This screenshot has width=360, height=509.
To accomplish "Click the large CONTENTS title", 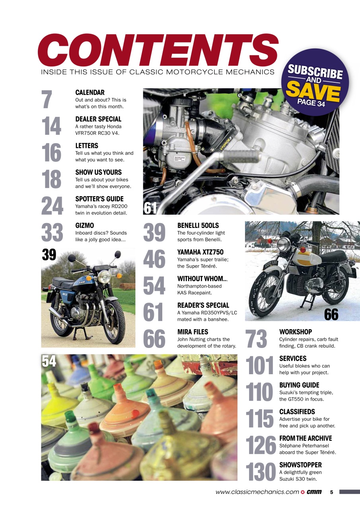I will click(x=158, y=51).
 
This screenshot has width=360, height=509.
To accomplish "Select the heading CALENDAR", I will click(x=90, y=93).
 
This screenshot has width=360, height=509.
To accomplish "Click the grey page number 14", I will click(x=52, y=126).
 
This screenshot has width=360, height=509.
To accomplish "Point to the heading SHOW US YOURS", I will click(x=99, y=173).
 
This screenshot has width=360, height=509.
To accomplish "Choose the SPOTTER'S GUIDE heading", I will click(x=99, y=199).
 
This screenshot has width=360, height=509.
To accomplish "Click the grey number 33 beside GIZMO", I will click(x=52, y=233).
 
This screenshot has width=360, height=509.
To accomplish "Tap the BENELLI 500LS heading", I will click(x=198, y=225).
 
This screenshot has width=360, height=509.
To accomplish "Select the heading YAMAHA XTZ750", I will click(x=200, y=252).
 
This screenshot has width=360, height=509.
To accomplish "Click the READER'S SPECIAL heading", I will click(x=203, y=305).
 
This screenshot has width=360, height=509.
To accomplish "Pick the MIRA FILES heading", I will click(x=193, y=332).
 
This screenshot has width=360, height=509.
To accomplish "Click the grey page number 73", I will click(x=256, y=339).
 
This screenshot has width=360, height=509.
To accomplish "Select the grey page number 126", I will click(x=261, y=445).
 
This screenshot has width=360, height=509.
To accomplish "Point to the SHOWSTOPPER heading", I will click(x=300, y=465).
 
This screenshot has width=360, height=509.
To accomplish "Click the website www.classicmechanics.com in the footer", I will click(x=257, y=492).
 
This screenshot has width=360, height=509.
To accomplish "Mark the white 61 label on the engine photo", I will click(x=150, y=208).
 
